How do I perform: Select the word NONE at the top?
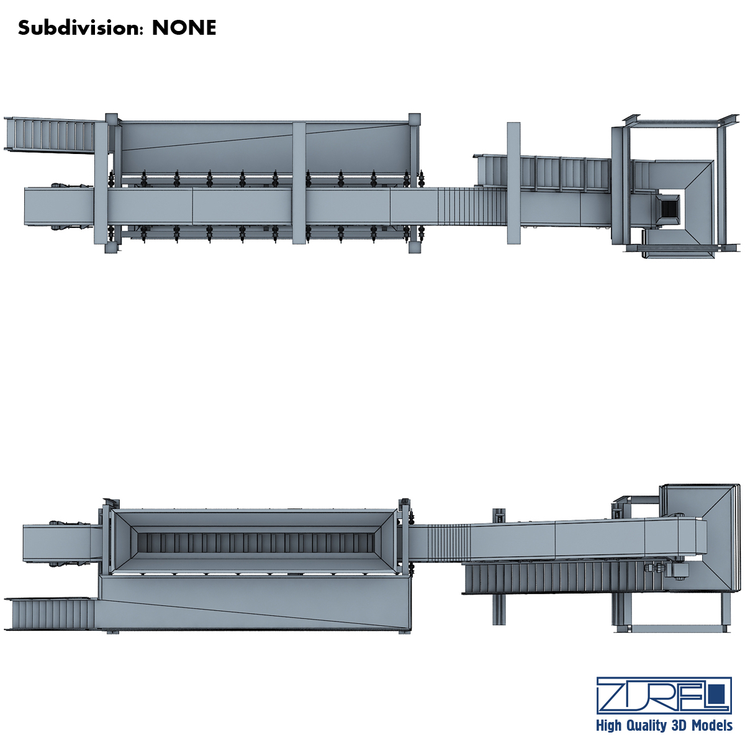click(x=184, y=28)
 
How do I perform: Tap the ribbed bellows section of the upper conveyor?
click(x=472, y=206)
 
